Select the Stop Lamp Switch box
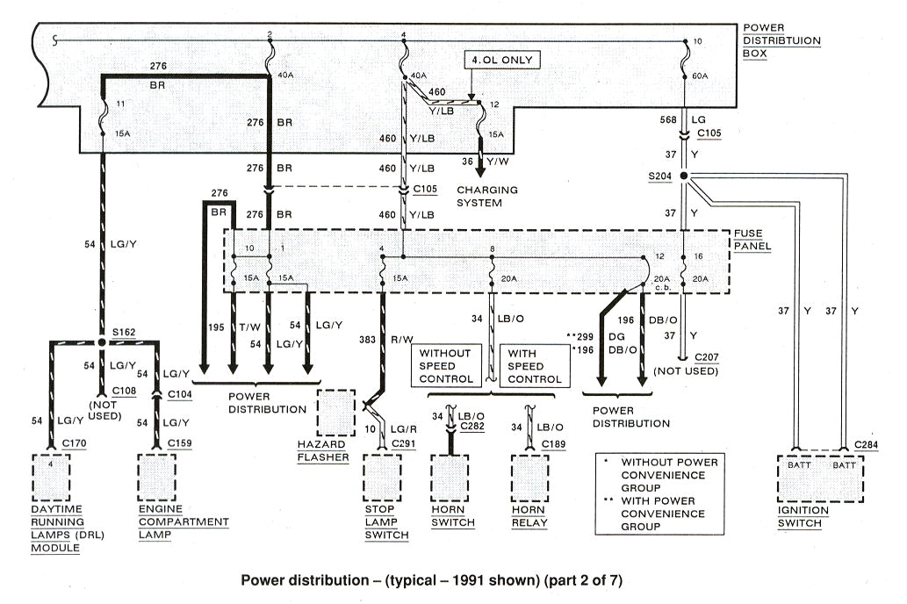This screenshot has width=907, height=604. (384, 478)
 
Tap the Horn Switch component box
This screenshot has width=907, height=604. (452, 478)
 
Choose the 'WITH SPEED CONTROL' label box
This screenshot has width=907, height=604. (531, 366)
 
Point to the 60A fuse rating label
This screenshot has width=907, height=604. (699, 76)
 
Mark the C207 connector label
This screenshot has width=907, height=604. (706, 358)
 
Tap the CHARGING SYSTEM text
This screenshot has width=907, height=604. (486, 196)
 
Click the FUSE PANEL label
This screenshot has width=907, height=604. (752, 241)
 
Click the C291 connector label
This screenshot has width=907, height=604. (403, 443)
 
